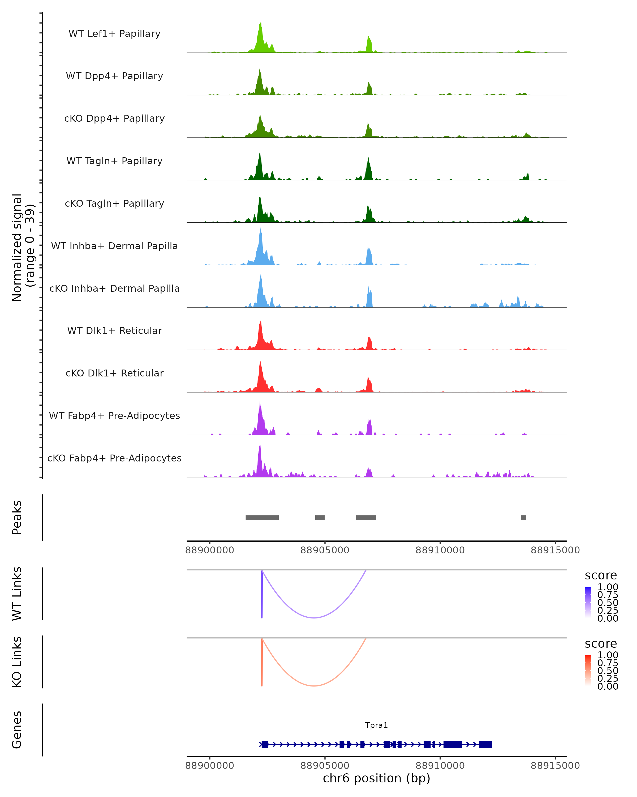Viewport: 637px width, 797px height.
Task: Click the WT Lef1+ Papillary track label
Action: (114, 34)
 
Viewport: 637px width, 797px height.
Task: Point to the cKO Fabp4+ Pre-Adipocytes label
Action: (114, 458)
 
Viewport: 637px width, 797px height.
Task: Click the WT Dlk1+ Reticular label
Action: (114, 330)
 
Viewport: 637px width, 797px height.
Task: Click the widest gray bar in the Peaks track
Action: (262, 518)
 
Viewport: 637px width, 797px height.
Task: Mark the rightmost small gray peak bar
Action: (523, 518)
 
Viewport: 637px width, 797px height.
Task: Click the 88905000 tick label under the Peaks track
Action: (325, 550)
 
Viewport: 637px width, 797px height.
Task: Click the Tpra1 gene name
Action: (376, 725)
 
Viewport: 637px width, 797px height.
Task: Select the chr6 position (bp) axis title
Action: (376, 778)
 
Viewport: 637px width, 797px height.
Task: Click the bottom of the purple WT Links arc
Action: (314, 617)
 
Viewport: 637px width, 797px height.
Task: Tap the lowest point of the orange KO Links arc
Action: (314, 686)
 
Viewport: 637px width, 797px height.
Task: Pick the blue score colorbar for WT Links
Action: (588, 601)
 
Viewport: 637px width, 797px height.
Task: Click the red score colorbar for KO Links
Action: (588, 670)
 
